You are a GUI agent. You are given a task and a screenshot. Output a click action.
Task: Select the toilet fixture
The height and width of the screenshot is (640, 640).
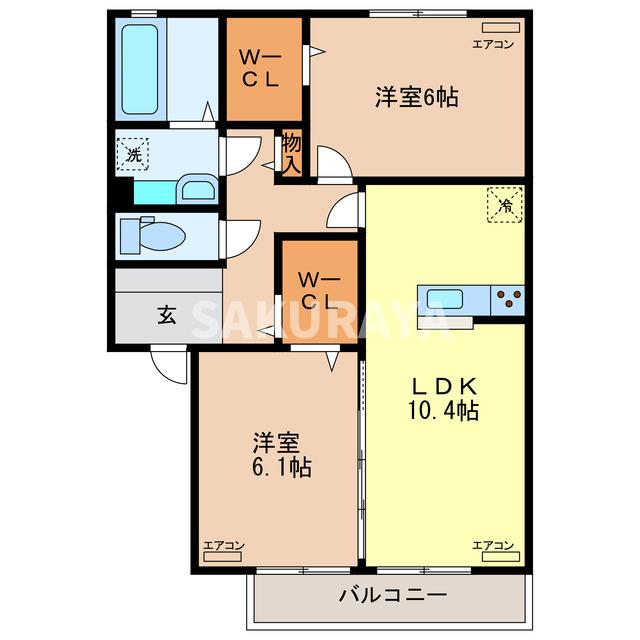149,237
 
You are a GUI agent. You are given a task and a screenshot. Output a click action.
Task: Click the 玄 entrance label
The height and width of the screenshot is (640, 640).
165,317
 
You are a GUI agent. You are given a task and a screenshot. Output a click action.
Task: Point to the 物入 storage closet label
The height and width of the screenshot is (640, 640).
291,154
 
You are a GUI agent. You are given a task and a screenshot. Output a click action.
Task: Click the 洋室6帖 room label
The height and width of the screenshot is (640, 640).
417,98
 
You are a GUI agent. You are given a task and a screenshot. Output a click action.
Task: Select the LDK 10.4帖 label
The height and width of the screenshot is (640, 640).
443,397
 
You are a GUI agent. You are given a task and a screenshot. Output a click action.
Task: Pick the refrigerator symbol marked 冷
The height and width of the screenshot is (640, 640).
505,206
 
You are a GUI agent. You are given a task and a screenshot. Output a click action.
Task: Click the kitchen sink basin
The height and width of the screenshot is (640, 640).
444,298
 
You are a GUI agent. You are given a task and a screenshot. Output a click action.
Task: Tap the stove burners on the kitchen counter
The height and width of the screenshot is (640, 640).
508,297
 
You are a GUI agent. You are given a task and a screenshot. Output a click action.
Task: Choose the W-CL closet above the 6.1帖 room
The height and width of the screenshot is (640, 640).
318,290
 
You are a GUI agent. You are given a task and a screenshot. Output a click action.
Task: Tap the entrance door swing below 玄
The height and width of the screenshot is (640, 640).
168,363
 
